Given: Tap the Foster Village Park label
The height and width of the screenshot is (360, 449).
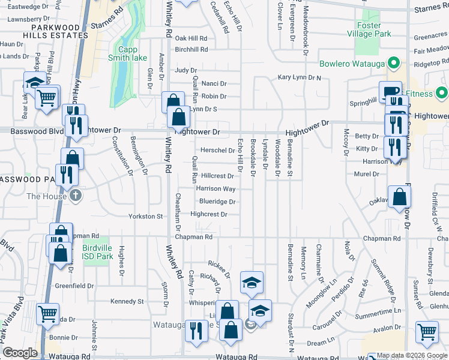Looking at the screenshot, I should point(377,30).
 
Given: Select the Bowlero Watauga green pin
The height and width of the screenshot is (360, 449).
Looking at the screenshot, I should point(394,62).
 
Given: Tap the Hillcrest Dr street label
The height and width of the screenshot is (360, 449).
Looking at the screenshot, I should point(217,176).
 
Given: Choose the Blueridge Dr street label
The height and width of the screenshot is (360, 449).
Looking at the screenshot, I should point(217,202).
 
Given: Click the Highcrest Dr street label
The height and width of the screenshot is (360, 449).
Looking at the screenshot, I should point(208,214).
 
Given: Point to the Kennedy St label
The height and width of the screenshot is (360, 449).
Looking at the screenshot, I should point(127,301).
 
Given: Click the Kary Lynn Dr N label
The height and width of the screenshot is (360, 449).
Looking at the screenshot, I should point(299,78).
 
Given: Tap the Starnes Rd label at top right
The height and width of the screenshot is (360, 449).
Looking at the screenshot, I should point(431,8).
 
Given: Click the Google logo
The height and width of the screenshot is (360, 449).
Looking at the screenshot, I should point(20,353).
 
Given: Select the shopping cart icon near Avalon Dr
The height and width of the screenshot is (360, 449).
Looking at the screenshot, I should point(426,331).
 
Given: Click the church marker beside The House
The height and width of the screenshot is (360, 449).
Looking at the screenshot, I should point(76,196).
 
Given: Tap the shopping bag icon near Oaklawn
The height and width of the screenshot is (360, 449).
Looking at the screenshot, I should point(399,197).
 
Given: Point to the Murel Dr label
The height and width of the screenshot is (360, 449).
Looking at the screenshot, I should point(367,174).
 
